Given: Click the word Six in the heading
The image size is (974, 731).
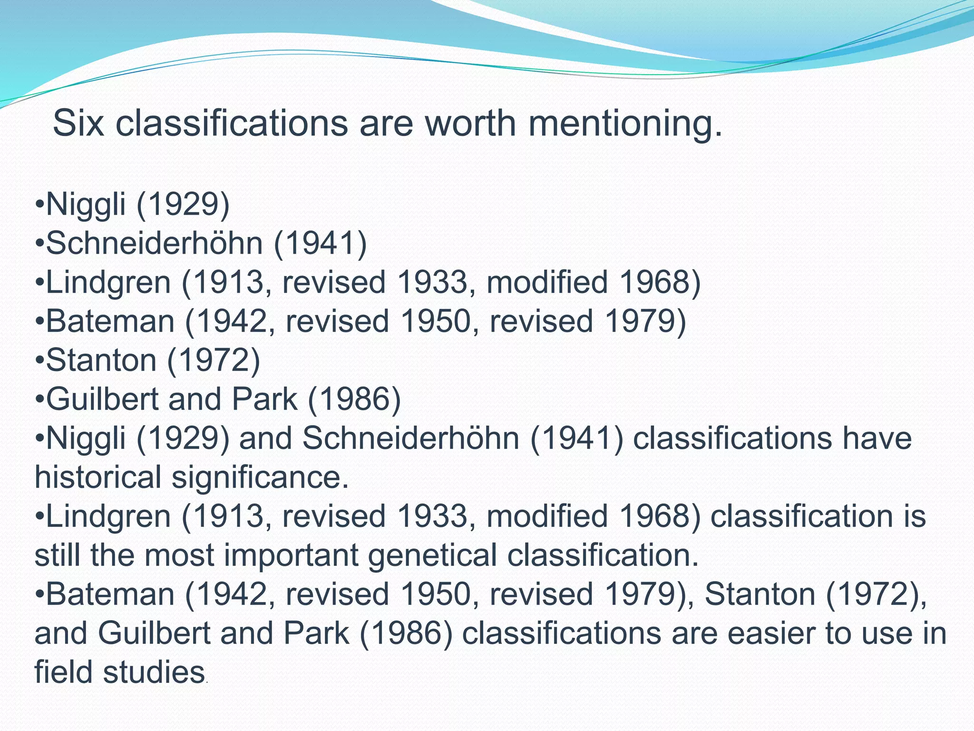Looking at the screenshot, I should [x=78, y=123].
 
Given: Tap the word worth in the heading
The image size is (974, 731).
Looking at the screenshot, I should [x=469, y=123].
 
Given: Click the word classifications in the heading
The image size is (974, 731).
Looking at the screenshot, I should [x=231, y=123].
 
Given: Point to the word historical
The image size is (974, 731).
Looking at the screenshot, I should [x=98, y=477].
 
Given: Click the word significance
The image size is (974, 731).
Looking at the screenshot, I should [x=260, y=478].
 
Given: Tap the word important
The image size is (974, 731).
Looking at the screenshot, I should [x=291, y=556].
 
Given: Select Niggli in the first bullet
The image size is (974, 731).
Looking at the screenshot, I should [x=86, y=205].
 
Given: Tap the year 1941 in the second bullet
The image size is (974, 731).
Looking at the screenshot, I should [x=320, y=243].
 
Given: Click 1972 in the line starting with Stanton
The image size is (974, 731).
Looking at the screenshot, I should [x=214, y=360].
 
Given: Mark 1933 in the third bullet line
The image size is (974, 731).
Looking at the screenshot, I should [x=432, y=282].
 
